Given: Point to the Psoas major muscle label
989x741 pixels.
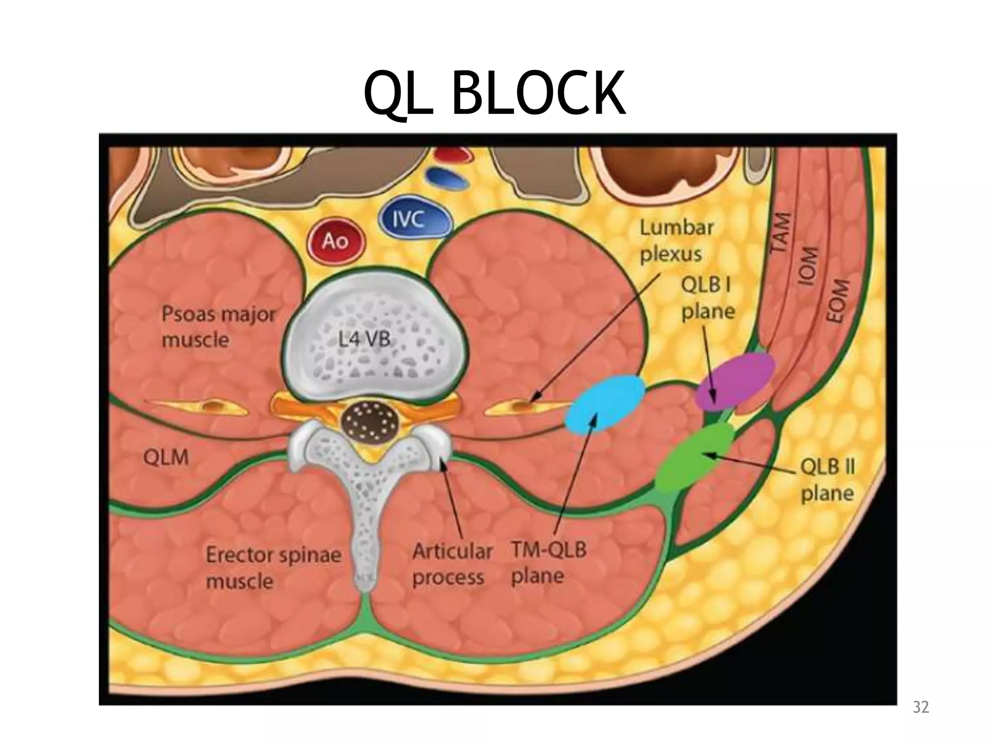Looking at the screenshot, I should point(218,327).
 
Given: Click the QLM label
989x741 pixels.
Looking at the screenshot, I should point(166,457).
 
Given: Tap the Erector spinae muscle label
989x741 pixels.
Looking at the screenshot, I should point(273,568).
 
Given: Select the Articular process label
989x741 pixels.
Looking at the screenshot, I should point(452,564).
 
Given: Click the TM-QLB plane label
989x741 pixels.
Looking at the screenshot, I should point(549,563).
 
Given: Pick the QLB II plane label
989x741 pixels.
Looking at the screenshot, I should point(827,480).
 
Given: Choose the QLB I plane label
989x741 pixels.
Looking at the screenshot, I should point(707,298).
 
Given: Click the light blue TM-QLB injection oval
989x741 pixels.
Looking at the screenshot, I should point(607,403).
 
